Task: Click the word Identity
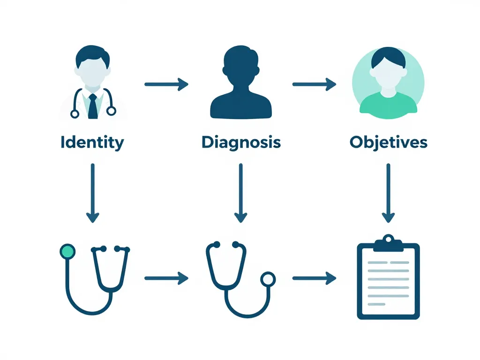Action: click(92, 142)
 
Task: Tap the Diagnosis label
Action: click(241, 142)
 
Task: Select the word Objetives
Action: click(388, 142)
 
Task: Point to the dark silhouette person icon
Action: click(241, 84)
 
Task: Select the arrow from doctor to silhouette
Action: click(166, 84)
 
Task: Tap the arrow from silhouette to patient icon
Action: click(315, 84)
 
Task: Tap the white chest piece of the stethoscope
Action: click(268, 279)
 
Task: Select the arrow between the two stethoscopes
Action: click(166, 278)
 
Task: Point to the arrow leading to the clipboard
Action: click(315, 278)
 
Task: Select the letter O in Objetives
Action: click(357, 142)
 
